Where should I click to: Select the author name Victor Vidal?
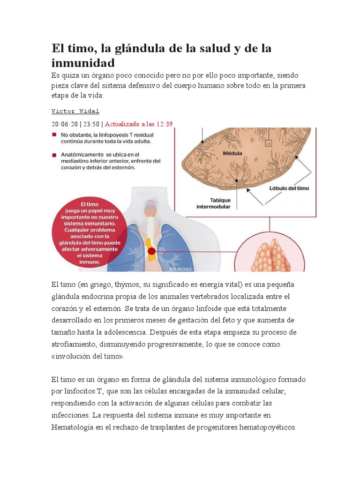point(75,111)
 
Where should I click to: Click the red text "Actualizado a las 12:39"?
point(139,124)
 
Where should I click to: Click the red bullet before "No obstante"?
point(54,135)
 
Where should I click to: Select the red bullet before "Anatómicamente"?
point(54,154)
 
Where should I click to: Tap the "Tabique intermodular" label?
point(214,204)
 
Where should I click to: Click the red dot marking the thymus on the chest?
point(151,252)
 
